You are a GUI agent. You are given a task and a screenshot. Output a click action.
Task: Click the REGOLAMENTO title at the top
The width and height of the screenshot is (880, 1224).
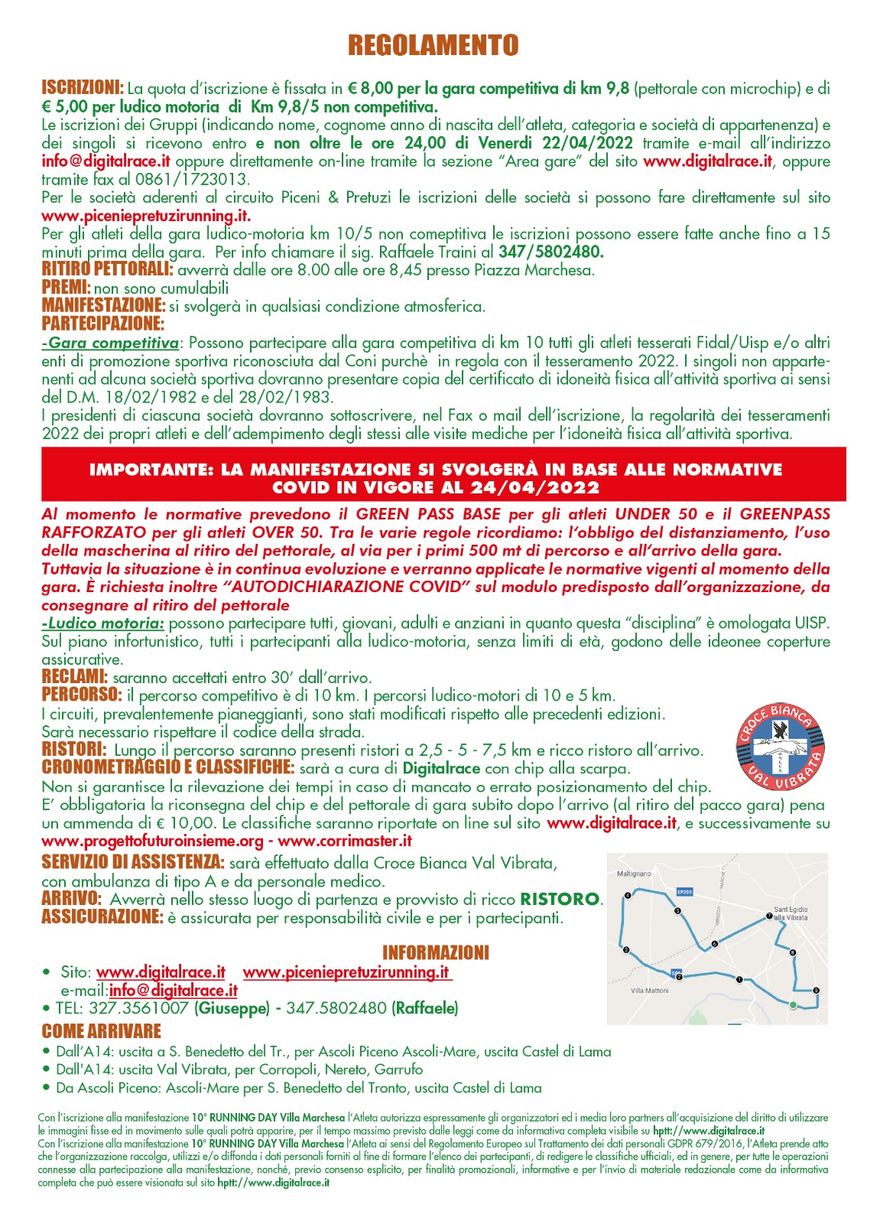[x=433, y=46]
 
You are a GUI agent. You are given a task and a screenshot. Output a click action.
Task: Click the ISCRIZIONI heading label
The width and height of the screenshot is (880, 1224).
[x=82, y=87]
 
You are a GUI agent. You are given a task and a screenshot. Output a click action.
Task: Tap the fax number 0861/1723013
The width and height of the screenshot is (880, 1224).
[x=203, y=180]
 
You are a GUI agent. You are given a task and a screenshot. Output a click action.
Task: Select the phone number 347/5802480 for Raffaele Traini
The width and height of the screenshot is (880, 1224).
[x=550, y=252]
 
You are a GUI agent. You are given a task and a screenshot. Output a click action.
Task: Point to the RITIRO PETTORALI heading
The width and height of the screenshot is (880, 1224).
[x=107, y=269]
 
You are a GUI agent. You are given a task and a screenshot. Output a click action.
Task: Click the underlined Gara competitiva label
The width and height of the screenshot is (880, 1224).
[x=112, y=343]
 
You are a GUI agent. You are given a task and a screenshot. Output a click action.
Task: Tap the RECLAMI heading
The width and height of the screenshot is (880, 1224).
[x=74, y=677]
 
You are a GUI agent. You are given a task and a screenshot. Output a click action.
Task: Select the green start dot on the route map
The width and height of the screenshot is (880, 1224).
[x=793, y=1004]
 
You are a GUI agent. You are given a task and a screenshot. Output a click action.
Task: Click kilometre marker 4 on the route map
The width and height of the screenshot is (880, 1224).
[x=628, y=894]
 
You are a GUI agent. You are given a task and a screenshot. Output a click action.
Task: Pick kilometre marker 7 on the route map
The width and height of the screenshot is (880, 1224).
[x=769, y=916]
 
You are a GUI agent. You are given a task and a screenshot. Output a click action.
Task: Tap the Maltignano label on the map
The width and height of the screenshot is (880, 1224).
[x=634, y=873]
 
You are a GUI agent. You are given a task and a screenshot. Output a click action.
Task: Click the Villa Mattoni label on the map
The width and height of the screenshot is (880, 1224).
[x=649, y=990]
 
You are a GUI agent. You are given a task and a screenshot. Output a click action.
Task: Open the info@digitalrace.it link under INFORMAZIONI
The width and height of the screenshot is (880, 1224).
[x=172, y=990]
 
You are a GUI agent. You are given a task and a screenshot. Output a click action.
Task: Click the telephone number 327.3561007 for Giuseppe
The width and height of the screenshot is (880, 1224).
[x=138, y=1008]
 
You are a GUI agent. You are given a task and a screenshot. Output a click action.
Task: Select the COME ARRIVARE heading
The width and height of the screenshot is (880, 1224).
[x=101, y=1031]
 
